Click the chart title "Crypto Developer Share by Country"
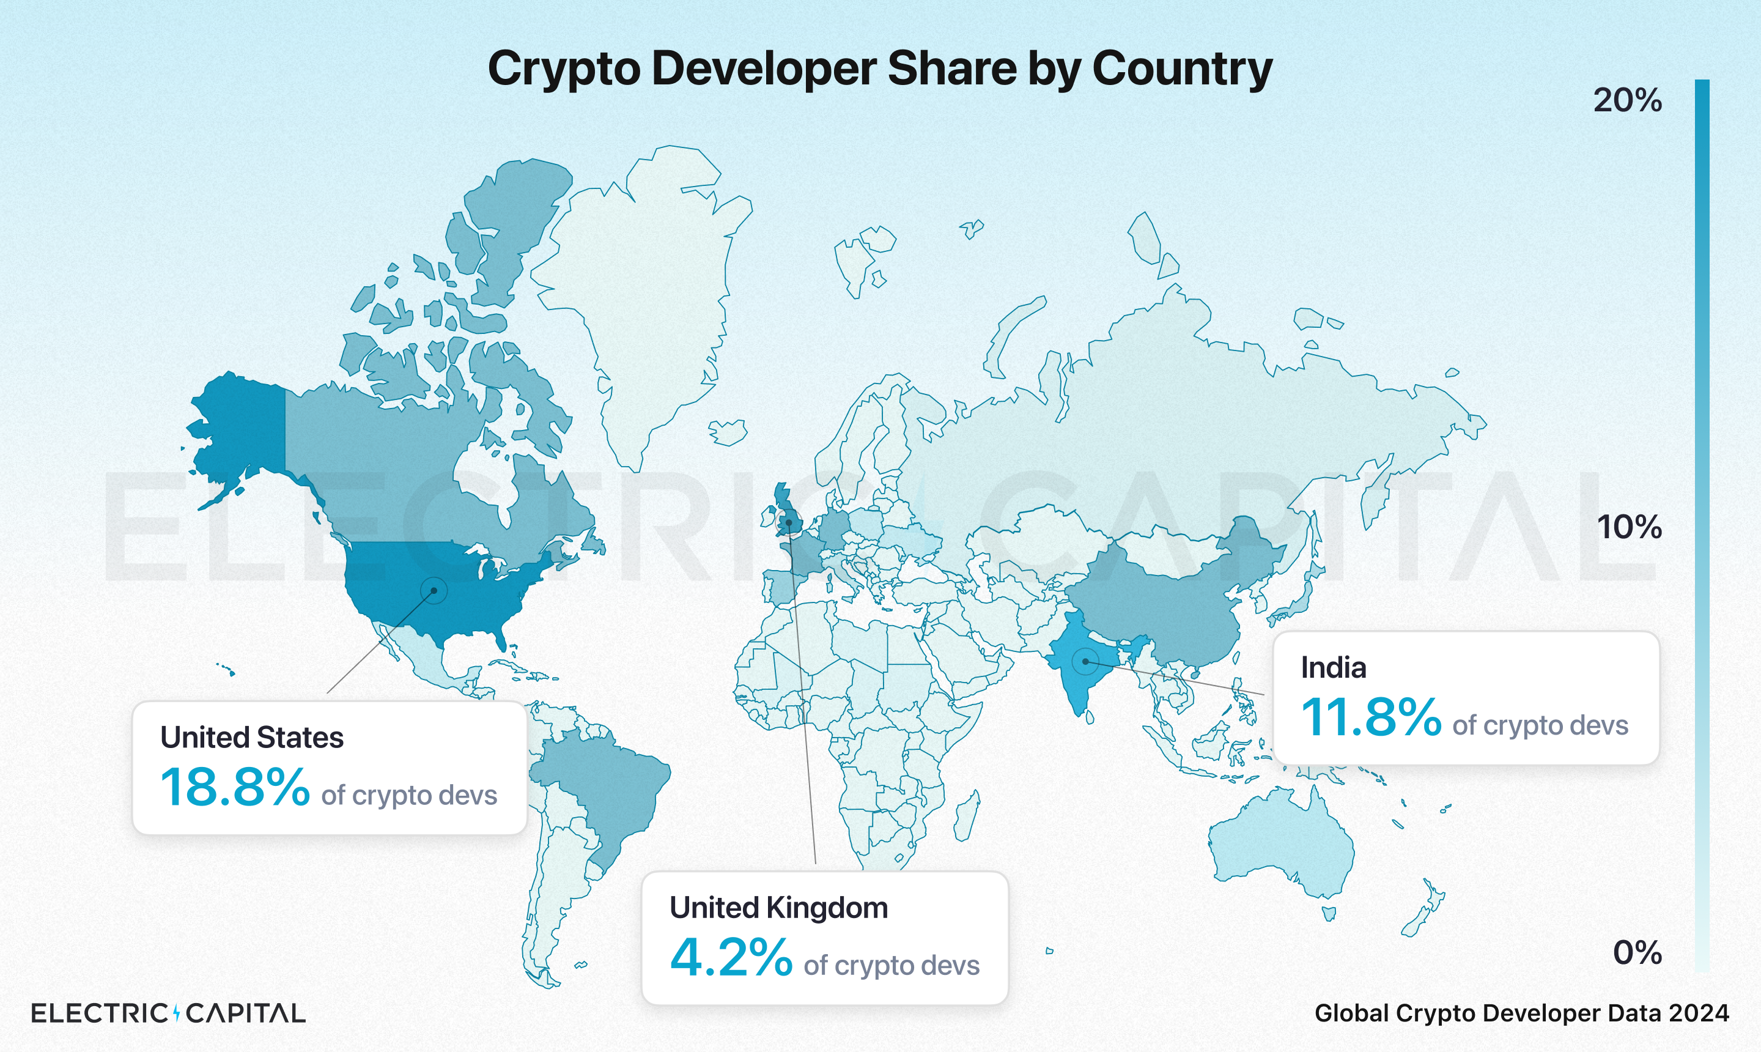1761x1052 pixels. tap(879, 69)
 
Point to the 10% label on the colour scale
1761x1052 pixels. tap(1628, 527)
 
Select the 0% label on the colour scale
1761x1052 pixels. tap(1637, 952)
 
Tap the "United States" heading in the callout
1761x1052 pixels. tap(251, 737)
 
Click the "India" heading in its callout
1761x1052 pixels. tap(1333, 668)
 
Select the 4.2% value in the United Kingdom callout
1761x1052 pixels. tap(731, 957)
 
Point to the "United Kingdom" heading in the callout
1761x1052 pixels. tap(778, 908)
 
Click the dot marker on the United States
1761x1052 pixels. tap(434, 590)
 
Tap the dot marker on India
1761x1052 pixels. tap(1085, 661)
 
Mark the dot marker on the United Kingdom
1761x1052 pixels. tap(788, 523)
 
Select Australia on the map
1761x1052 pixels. tap(1279, 843)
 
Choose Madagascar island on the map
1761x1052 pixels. tap(967, 815)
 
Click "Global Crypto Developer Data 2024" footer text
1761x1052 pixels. tap(1521, 1013)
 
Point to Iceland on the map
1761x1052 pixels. tap(728, 431)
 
